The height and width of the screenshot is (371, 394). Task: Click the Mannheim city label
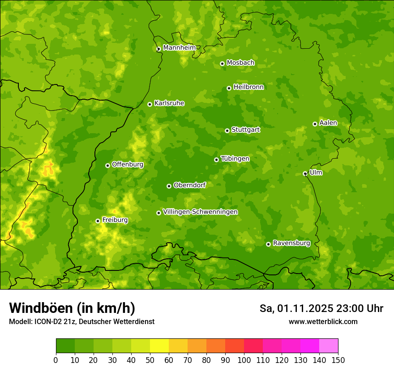pos(179,48)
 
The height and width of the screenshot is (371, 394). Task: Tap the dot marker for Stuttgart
pos(227,131)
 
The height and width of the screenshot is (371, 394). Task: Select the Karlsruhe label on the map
pos(169,103)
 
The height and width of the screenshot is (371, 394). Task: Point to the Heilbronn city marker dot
pos(229,88)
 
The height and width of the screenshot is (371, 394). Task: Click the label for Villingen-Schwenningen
pos(200,212)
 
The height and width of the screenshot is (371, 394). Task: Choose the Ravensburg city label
pos(291,243)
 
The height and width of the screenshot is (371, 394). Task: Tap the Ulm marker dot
pos(305,173)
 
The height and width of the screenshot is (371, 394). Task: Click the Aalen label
pos(328,123)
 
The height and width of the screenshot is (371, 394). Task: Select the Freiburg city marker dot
pos(98,221)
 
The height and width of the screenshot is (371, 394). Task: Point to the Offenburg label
pos(127,164)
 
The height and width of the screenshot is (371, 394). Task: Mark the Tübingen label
pos(235,159)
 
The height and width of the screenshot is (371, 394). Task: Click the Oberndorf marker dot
pos(169,186)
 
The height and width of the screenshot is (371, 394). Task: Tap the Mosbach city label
pos(240,63)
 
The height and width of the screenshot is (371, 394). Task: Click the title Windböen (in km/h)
pos(72,308)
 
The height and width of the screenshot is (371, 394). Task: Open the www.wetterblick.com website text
pos(323,321)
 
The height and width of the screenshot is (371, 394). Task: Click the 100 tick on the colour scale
pos(244,360)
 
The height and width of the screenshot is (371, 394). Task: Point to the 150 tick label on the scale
pos(338,360)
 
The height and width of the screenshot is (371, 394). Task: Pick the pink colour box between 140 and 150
pos(329,346)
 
